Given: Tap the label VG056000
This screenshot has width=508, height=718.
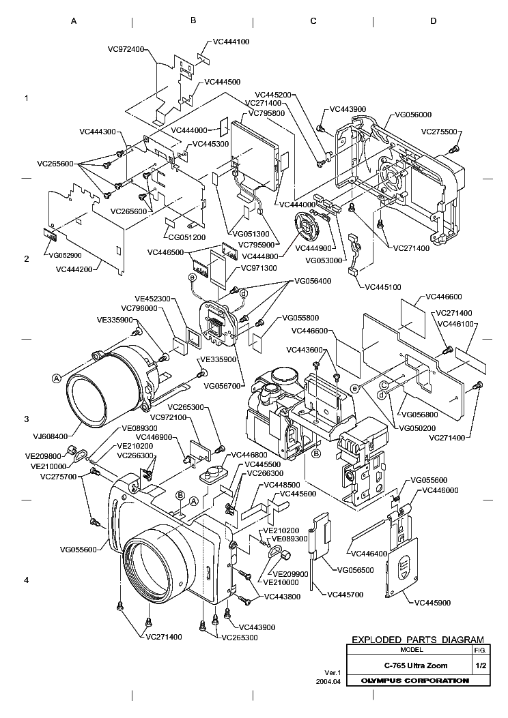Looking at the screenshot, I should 413,115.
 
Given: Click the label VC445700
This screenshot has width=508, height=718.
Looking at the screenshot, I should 345,595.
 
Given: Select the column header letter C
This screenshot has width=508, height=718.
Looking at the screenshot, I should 313,21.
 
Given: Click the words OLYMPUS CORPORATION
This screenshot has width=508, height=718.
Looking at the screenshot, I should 414,680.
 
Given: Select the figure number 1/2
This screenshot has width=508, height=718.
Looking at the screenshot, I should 480,665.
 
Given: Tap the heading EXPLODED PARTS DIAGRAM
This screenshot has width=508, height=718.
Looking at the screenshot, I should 417,640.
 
